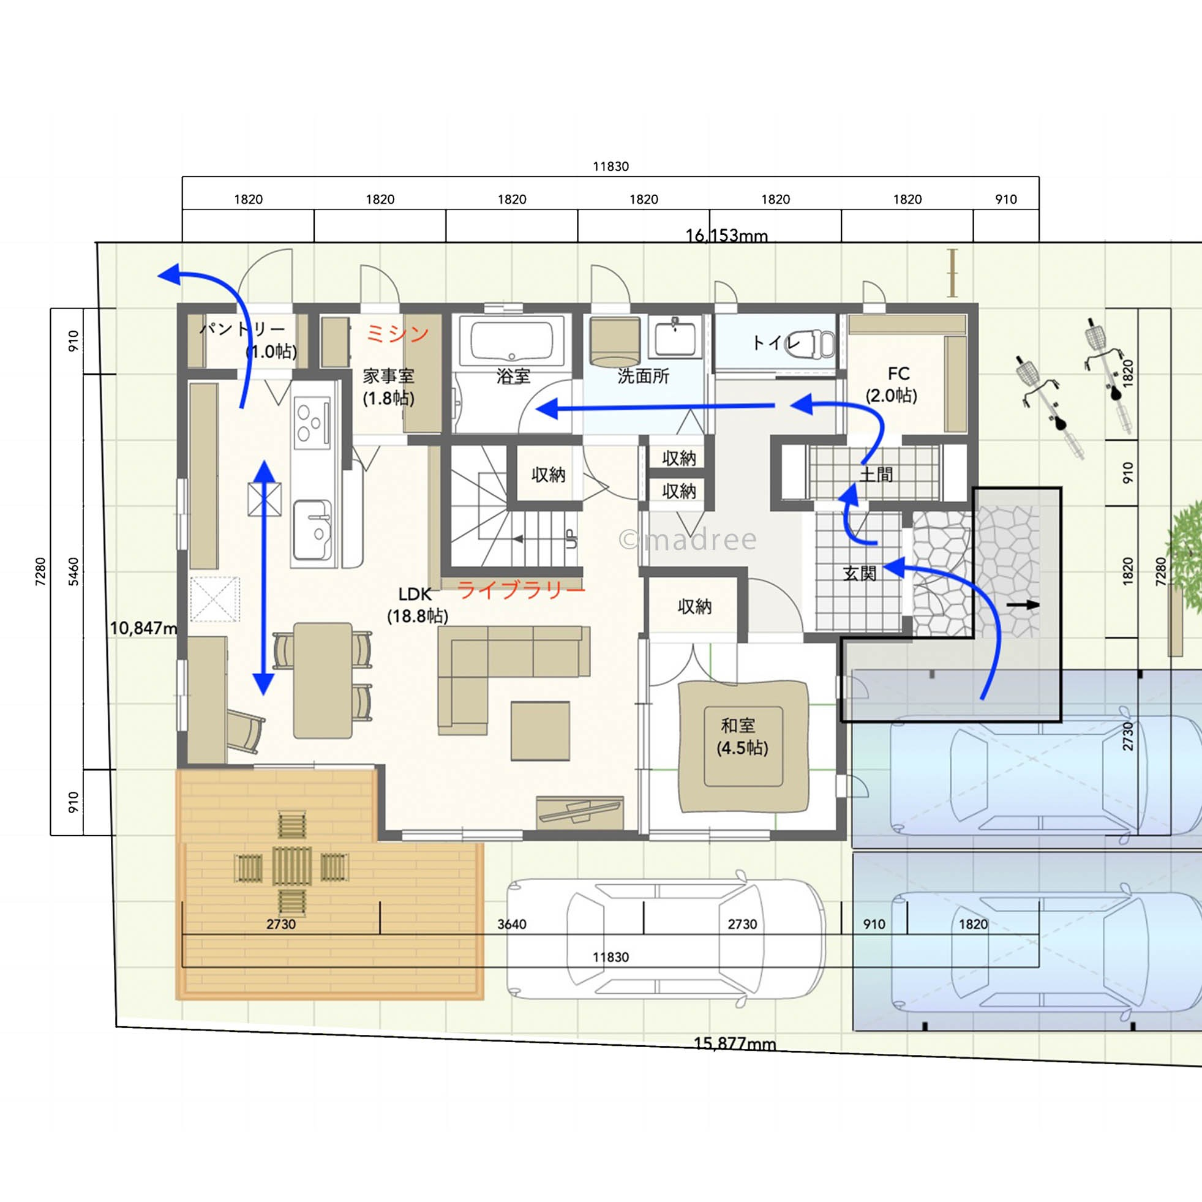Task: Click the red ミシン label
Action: (397, 334)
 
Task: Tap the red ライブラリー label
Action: (521, 589)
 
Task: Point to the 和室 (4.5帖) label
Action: (742, 736)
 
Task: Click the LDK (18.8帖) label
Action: (418, 604)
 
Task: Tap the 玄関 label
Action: (860, 573)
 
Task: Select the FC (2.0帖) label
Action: (892, 385)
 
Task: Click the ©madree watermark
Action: (689, 539)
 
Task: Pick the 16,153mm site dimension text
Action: (726, 236)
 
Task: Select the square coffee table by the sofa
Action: (541, 731)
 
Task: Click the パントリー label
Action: (242, 328)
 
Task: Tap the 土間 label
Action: (877, 475)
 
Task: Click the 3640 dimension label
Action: (511, 925)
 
